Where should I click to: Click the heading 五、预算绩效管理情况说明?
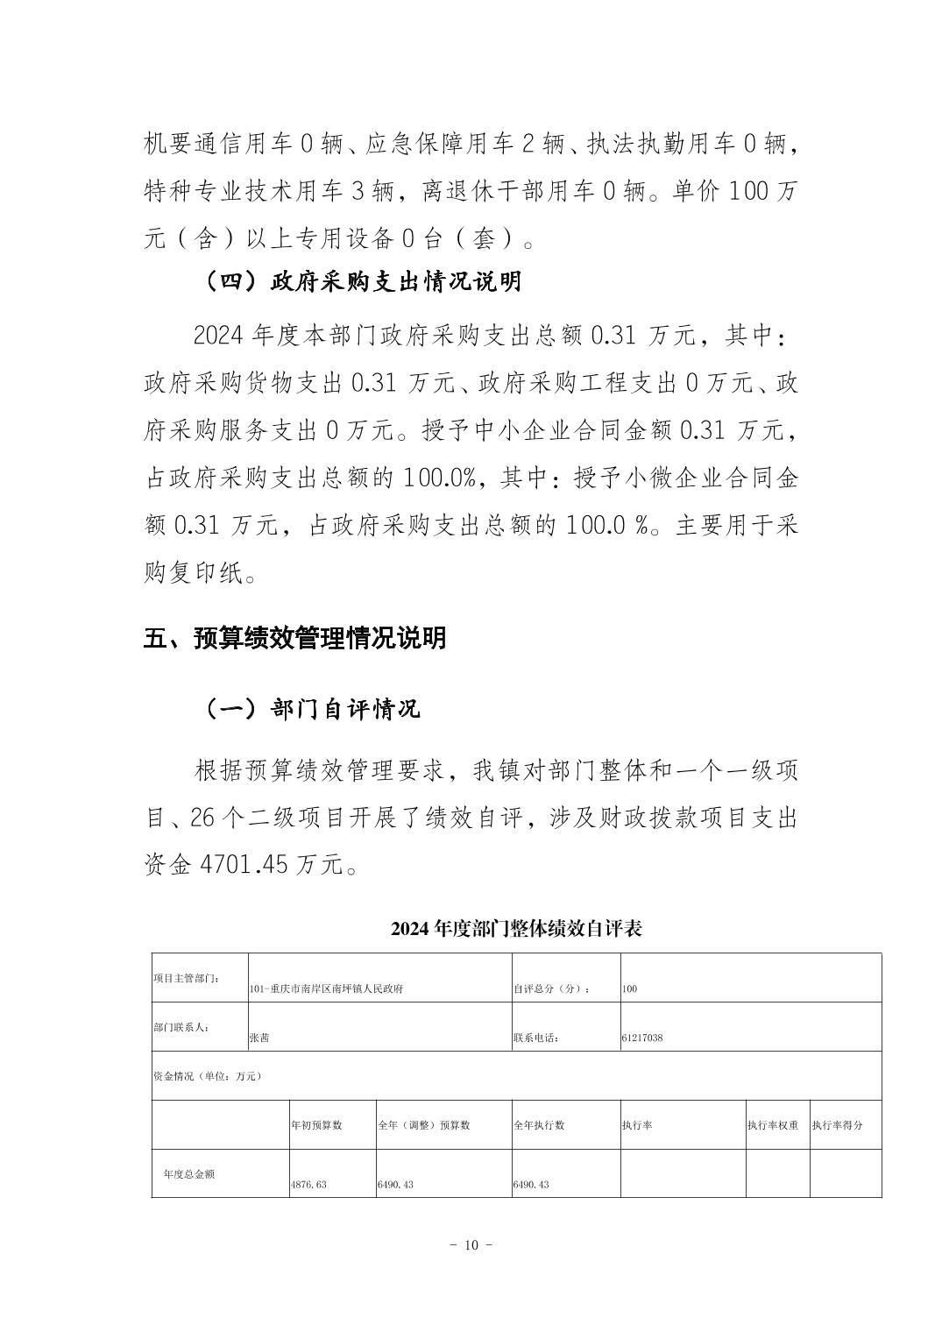294,638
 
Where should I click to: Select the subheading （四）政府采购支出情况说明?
362,281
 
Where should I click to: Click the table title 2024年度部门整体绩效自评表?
516,929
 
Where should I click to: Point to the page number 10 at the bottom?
471,1245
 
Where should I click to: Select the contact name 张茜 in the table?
259,1038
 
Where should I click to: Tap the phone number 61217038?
642,1038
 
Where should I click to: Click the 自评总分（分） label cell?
552,988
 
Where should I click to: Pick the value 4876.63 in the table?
308,1184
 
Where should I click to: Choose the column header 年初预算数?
316,1124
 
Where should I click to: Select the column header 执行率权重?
773,1124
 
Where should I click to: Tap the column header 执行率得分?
837,1124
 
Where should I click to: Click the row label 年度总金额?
188,1173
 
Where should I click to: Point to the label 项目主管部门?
186,978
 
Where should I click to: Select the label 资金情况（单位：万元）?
208,1075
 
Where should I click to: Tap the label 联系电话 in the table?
535,1038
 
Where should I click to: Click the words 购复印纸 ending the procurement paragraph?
192,574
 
